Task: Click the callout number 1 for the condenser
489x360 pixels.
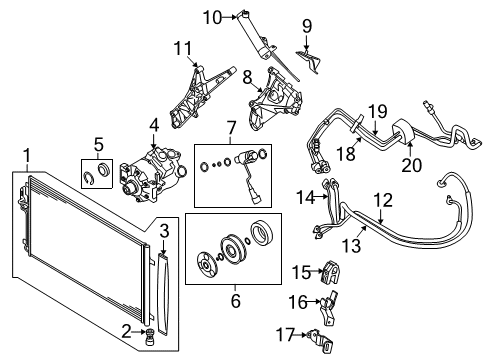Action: pyautogui.click(x=26, y=156)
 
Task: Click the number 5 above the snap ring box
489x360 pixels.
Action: pyautogui.click(x=98, y=142)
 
